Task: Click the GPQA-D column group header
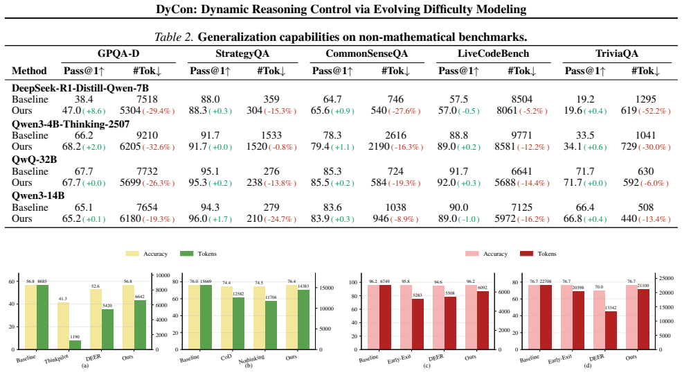(118, 53)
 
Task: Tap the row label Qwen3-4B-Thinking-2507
(71, 124)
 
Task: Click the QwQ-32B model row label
(35, 160)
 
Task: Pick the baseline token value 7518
(147, 99)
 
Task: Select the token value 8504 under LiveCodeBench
(522, 99)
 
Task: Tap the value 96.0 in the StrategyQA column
(198, 218)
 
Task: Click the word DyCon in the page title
(172, 9)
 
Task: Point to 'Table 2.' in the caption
(174, 37)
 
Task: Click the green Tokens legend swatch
(186, 254)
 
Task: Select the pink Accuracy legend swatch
(472, 254)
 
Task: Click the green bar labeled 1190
(75, 345)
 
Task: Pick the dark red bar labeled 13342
(611, 330)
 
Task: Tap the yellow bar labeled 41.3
(63, 325)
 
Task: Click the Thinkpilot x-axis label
(57, 358)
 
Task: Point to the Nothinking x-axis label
(251, 358)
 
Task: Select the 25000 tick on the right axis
(667, 278)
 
